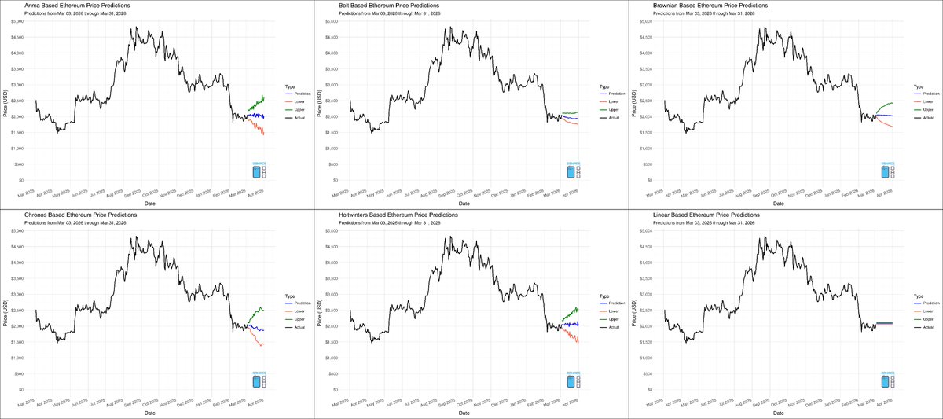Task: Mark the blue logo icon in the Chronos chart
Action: coord(256,381)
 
